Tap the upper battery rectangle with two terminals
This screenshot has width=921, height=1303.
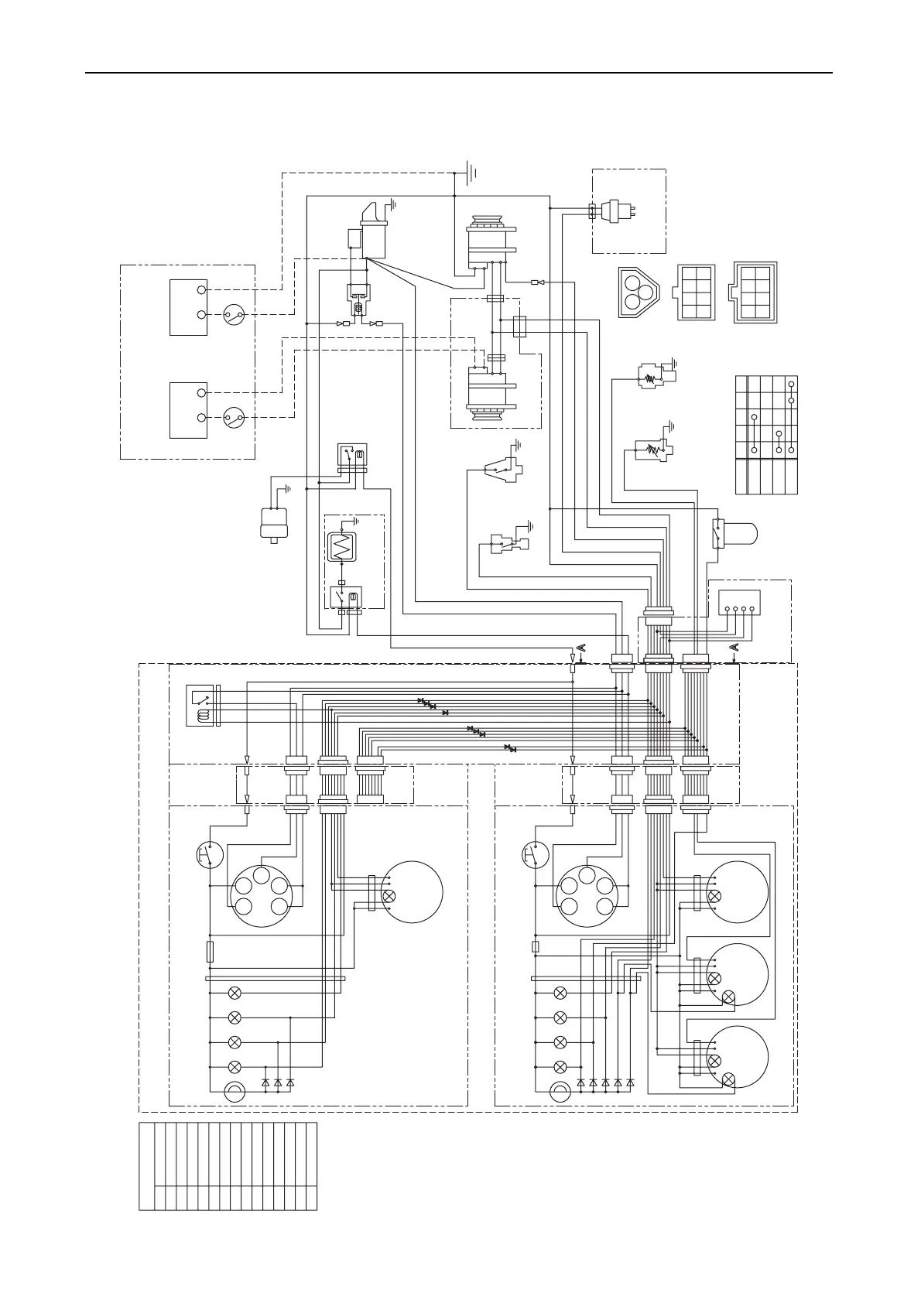click(x=188, y=307)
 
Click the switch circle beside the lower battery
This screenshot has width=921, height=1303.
click(x=234, y=419)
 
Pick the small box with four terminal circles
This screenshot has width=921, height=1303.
click(x=739, y=601)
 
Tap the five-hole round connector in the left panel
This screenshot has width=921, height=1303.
click(x=260, y=896)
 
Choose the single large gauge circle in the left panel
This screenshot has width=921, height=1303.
click(x=412, y=892)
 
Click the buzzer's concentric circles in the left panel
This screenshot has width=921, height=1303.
click(x=234, y=1093)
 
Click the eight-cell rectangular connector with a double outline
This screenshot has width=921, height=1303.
click(x=755, y=292)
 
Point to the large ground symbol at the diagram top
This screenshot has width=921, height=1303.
click(x=470, y=169)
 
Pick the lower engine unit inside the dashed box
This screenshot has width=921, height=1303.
click(x=489, y=395)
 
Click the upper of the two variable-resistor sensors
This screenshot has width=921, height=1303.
click(x=654, y=376)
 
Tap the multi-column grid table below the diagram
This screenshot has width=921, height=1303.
click(x=228, y=1166)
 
